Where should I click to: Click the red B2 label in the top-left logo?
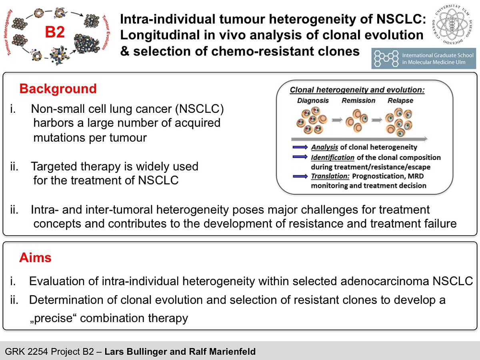[x=55, y=32]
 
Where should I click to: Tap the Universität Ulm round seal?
[x=452, y=24]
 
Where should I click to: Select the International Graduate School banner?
[x=424, y=58]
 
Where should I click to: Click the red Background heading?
[x=58, y=89]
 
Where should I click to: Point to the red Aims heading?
[x=35, y=258]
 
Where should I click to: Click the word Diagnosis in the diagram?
[x=313, y=100]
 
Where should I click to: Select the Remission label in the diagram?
[x=358, y=100]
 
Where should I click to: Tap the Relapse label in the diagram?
[x=400, y=100]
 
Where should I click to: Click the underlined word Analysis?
[x=324, y=147]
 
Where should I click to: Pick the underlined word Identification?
[x=333, y=157]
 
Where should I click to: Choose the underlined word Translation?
[x=330, y=176]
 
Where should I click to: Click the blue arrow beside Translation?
[x=300, y=176]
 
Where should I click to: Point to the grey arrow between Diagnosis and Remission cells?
[x=337, y=120]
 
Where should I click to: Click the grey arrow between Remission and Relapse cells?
[x=377, y=120]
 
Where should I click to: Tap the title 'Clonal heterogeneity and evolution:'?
[x=357, y=90]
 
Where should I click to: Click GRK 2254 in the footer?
[x=26, y=352]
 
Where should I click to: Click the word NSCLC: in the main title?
[x=401, y=19]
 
